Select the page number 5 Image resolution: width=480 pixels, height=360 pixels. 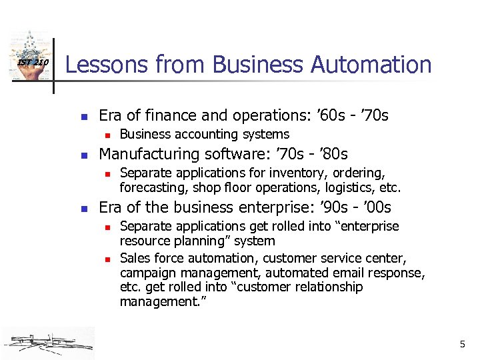coord(462,345)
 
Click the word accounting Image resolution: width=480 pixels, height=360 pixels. coord(196,135)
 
